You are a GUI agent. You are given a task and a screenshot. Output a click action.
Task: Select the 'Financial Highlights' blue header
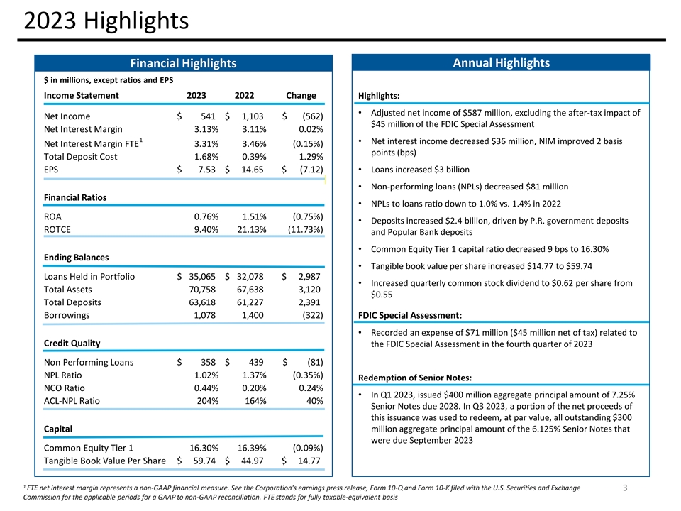tap(183, 64)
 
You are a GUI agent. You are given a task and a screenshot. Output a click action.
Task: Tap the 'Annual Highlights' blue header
tap(502, 63)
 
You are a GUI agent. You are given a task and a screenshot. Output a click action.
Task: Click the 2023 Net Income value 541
tap(206, 116)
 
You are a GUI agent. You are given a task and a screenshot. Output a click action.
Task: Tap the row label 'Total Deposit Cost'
tap(81, 157)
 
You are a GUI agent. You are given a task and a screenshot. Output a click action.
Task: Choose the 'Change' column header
tap(301, 96)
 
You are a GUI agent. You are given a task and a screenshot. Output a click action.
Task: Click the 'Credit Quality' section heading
tap(72, 343)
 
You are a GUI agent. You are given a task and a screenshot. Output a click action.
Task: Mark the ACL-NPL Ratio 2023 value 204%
tap(206, 401)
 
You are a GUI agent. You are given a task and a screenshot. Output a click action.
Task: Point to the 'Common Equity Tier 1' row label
tap(89, 449)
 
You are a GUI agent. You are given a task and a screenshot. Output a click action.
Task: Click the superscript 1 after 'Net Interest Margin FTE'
tap(140, 141)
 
